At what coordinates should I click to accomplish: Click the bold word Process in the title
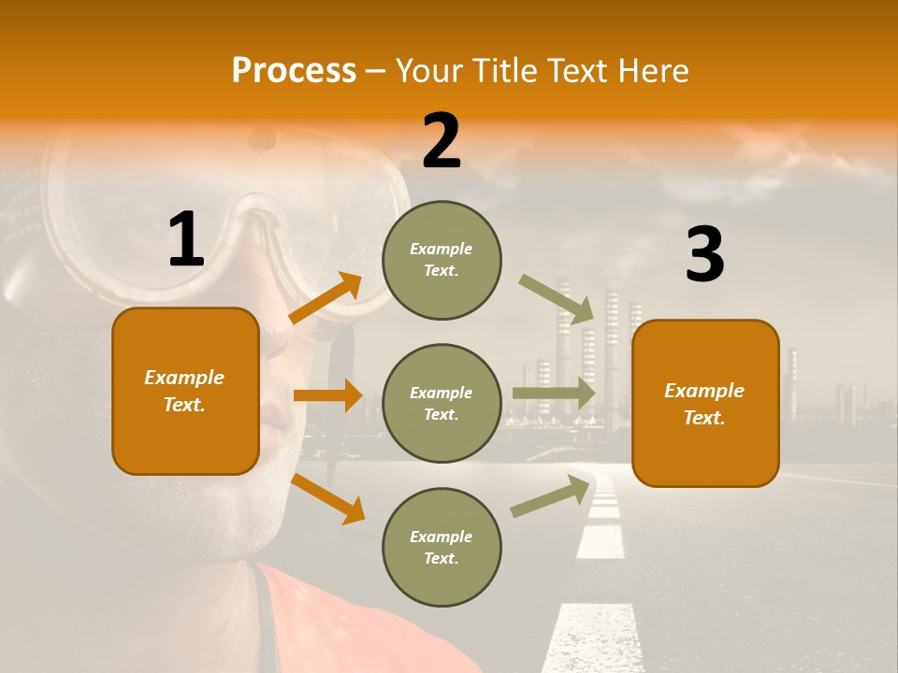click(x=294, y=70)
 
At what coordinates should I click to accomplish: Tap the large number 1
click(x=186, y=240)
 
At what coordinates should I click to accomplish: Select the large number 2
click(x=442, y=141)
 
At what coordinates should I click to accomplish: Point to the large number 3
click(x=704, y=255)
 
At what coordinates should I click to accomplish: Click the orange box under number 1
click(x=185, y=391)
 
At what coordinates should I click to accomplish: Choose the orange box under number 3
click(x=705, y=403)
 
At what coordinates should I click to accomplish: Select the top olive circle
click(x=442, y=260)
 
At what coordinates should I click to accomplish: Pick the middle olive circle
click(x=442, y=403)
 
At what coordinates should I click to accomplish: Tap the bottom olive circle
click(x=442, y=547)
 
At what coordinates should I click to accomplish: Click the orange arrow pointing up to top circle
click(x=326, y=297)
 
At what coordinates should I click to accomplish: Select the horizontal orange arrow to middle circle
click(x=327, y=395)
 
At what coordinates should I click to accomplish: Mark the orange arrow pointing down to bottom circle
click(x=327, y=498)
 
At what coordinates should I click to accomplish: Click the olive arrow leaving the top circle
click(x=558, y=299)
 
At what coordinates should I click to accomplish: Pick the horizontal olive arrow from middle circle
click(x=554, y=393)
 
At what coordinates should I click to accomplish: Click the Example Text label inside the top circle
click(x=442, y=260)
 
